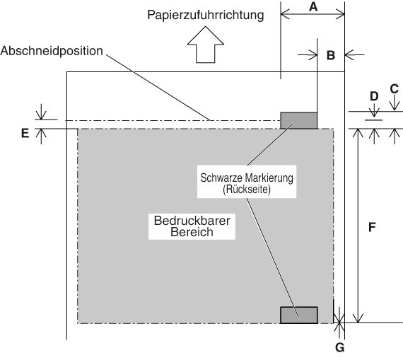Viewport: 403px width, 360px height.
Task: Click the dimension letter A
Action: (313, 6)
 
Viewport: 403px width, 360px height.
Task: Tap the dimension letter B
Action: (331, 55)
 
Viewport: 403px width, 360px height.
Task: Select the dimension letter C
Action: (395, 89)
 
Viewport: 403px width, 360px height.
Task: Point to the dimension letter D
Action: (374, 96)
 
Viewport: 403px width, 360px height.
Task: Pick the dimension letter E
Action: (25, 134)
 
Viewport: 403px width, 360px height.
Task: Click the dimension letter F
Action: (372, 227)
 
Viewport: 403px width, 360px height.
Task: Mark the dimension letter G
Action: (340, 348)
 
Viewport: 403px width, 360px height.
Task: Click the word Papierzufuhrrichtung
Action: (205, 15)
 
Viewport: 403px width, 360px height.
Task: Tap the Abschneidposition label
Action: (52, 51)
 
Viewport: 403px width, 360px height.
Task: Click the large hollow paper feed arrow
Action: (205, 46)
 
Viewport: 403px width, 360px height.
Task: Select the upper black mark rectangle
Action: (298, 120)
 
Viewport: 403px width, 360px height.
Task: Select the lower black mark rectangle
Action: (299, 315)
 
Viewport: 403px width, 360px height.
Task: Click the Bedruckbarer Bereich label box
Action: (192, 226)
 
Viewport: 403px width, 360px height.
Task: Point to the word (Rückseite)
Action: (247, 190)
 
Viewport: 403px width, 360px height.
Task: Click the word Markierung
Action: (269, 178)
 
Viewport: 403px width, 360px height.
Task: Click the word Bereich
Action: (192, 232)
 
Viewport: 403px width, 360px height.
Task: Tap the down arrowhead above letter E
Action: (41, 115)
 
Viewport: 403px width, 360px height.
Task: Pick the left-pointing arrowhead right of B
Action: (350, 54)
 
